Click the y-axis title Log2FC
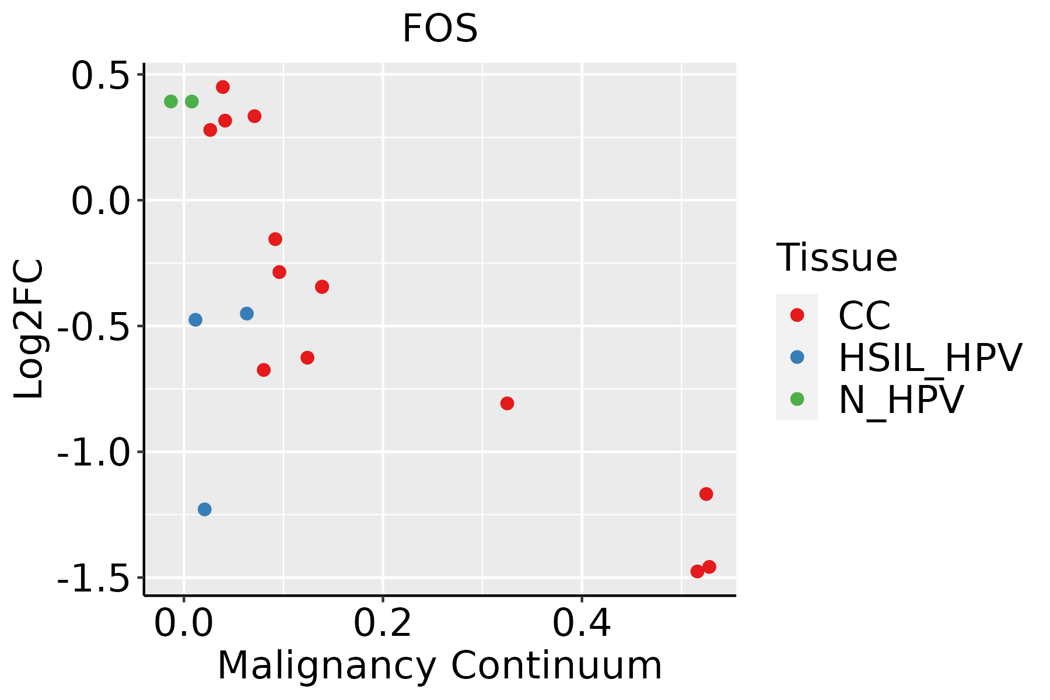[x=29, y=329]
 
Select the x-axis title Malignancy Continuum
[x=440, y=666]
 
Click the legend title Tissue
[x=836, y=258]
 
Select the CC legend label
[x=864, y=316]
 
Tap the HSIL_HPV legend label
[x=930, y=358]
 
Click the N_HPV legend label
[x=901, y=400]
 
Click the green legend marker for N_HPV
[x=797, y=399]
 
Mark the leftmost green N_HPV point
[x=171, y=101]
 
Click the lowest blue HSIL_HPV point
[x=205, y=509]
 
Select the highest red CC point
[x=223, y=87]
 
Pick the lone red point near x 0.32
[x=508, y=404]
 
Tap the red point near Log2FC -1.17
[x=706, y=494]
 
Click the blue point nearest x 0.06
[x=247, y=314]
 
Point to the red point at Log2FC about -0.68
[x=264, y=370]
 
